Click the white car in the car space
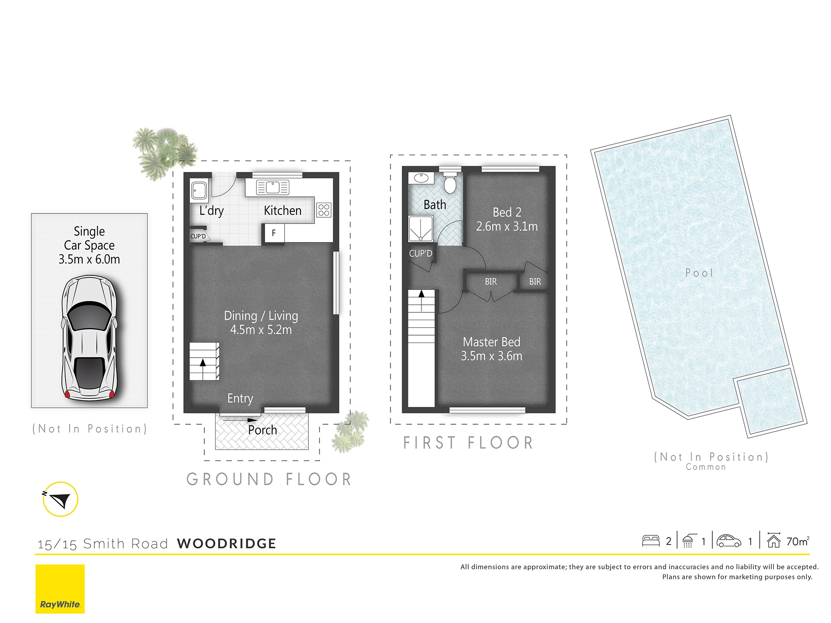89,338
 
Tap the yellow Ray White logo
60,589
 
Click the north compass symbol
60,499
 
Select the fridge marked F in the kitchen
274,233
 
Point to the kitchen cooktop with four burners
324,210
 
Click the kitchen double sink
273,188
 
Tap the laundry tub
199,191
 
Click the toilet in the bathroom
450,181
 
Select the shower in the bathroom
420,228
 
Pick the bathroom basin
421,178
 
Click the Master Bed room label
492,342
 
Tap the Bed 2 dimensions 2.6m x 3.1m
507,226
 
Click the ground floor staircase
204,361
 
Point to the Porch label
263,430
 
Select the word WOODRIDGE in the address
226,543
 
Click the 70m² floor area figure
798,541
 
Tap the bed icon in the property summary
651,540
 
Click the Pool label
699,273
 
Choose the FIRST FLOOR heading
468,443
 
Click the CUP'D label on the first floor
420,253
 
